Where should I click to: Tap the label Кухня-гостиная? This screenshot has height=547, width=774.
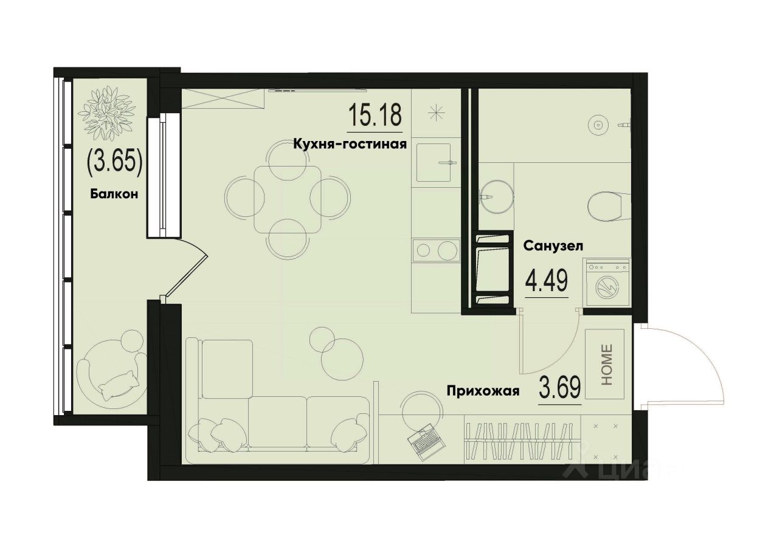[x=349, y=144]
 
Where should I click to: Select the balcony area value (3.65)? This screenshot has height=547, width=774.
[x=115, y=162]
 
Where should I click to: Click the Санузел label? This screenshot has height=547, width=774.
[x=553, y=246]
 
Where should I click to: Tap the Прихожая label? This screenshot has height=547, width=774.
[x=483, y=391]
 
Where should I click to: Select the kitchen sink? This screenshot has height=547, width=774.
[x=434, y=163]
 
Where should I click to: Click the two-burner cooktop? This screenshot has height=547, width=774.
[x=434, y=250]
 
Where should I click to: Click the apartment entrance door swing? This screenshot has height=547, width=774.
[x=681, y=365]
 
